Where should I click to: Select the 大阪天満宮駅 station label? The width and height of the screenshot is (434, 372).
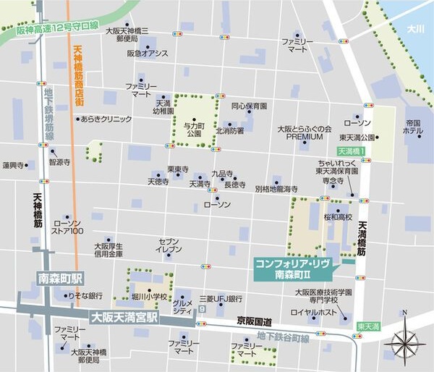pos(123,317)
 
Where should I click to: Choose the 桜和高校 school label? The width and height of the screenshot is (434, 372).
pos(337,217)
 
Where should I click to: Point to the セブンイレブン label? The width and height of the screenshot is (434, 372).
pos(169,245)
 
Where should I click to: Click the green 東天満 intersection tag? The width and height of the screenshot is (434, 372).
pos(367,326)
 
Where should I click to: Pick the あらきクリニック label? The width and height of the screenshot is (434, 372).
pos(106,119)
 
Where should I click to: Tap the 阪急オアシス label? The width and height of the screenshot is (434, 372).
pos(148,54)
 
